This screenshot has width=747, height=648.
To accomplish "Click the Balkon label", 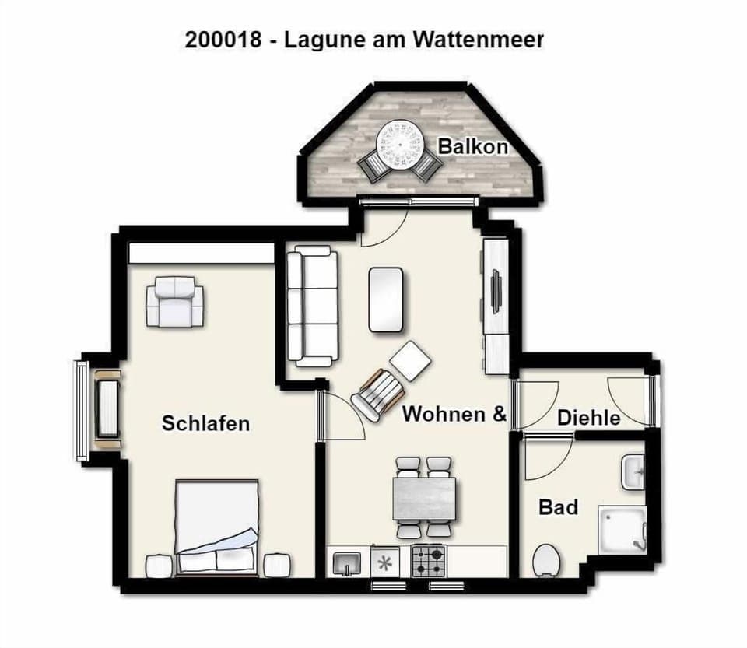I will (472, 146).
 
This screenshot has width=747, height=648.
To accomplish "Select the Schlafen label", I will (205, 423).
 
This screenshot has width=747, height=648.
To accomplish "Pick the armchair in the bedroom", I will (176, 301).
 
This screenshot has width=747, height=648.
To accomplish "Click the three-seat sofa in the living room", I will (313, 306).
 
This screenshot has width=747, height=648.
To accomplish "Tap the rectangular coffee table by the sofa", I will (386, 299).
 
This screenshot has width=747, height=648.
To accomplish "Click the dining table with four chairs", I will (424, 498).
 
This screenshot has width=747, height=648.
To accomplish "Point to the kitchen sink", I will (346, 562).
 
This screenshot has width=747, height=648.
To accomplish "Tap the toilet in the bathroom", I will (546, 559).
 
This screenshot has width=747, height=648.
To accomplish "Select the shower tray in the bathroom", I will (622, 529).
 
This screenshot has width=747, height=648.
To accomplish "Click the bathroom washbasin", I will (633, 472).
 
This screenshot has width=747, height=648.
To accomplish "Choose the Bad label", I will (558, 507).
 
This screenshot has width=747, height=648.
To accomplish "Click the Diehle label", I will (588, 418).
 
